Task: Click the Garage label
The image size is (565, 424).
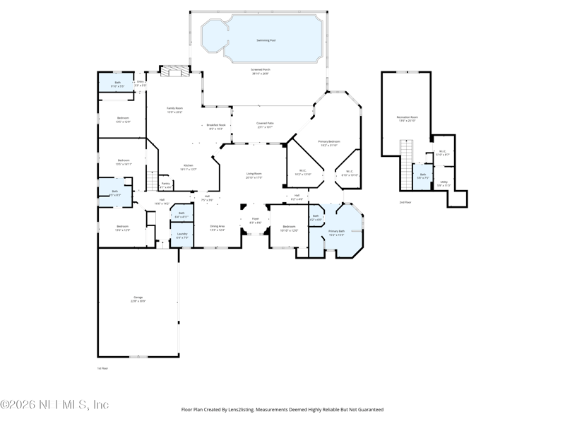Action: pyautogui.click(x=138, y=299)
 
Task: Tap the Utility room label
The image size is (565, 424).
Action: pyautogui.click(x=444, y=183)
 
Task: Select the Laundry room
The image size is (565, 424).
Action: pyautogui.click(x=182, y=235)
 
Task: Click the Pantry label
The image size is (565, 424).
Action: pyautogui.click(x=165, y=185)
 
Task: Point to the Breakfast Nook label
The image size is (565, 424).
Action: pyautogui.click(x=216, y=126)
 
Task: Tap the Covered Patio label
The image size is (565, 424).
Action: pyautogui.click(x=266, y=125)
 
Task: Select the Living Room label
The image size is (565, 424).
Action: pyautogui.click(x=254, y=175)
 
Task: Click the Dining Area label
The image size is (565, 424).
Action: pyautogui.click(x=217, y=228)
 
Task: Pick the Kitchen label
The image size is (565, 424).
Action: pyautogui.click(x=189, y=167)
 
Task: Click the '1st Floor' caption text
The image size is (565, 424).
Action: pyautogui.click(x=103, y=368)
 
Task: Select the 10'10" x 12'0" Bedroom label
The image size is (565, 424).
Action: pyautogui.click(x=290, y=228)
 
